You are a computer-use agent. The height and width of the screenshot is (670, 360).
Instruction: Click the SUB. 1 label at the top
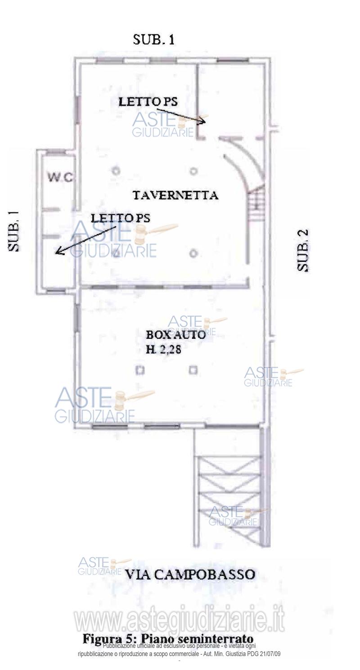click(154, 40)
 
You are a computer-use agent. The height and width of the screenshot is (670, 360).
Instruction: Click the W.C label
click(60, 177)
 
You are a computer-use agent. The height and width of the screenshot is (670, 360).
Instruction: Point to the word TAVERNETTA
click(175, 195)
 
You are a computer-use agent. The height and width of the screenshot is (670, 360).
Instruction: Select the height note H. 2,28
click(164, 349)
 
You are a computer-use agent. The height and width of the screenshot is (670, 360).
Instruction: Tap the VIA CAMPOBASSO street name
click(190, 574)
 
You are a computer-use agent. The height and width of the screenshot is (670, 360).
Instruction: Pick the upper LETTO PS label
click(148, 102)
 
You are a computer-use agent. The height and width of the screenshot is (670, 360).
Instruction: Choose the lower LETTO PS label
click(121, 218)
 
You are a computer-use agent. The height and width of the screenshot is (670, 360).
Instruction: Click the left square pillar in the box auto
click(140, 370)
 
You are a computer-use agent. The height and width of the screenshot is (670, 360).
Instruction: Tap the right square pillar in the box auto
click(193, 370)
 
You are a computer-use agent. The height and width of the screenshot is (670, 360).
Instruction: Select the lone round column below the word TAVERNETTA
click(193, 253)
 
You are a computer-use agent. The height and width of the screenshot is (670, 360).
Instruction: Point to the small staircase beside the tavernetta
click(256, 205)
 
